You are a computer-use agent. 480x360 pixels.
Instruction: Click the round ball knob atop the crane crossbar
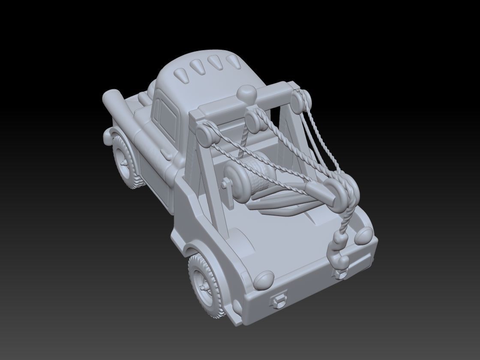pos(246,93)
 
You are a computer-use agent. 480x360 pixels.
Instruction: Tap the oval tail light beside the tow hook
pos(365,235)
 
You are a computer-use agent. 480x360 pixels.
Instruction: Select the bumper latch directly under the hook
pos(341,273)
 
